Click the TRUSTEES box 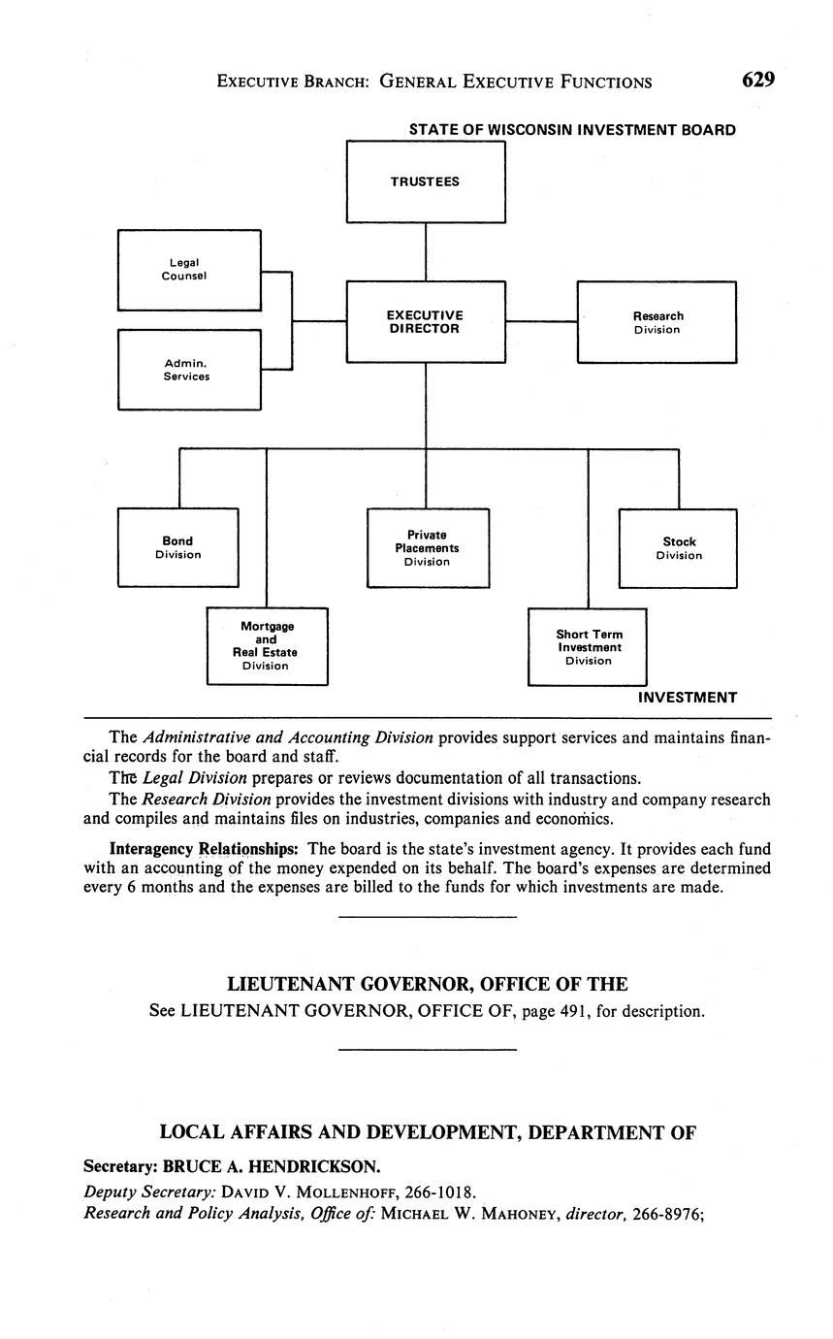coord(426,181)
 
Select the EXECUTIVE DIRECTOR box coord(426,322)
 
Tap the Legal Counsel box coord(189,270)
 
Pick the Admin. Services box coord(189,370)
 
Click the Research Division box coord(657,322)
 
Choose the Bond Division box coord(177,547)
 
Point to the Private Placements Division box coord(428,547)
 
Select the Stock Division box coord(678,548)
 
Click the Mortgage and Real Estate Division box coord(267,646)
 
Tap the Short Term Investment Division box coord(588,647)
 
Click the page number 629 coord(758,81)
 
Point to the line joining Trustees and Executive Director coord(426,251)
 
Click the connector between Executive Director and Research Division coord(541,321)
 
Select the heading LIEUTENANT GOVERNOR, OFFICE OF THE coord(427,984)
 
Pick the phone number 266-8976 coord(666,1212)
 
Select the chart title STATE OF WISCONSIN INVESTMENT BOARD coord(571,129)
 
